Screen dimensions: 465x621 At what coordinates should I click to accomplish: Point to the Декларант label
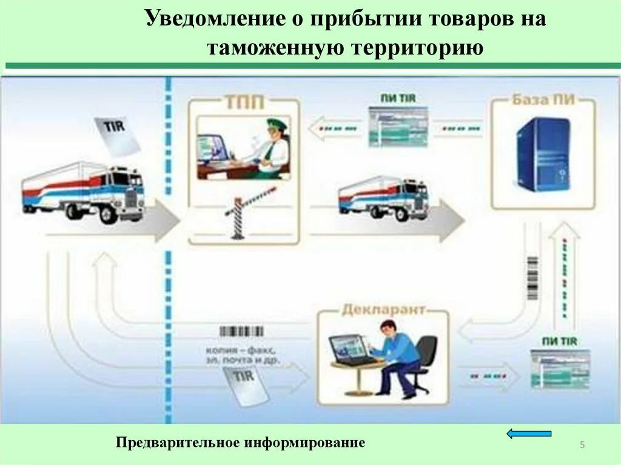tap(383, 310)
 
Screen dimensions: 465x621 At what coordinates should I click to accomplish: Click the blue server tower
tap(543, 154)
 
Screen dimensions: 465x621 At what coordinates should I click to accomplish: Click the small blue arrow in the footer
tap(529, 433)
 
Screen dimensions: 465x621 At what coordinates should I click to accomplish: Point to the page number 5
tap(582, 446)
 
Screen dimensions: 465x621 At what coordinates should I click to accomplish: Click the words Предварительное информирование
tap(241, 443)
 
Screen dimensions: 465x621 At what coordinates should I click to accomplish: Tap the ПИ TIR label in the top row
tap(398, 98)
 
